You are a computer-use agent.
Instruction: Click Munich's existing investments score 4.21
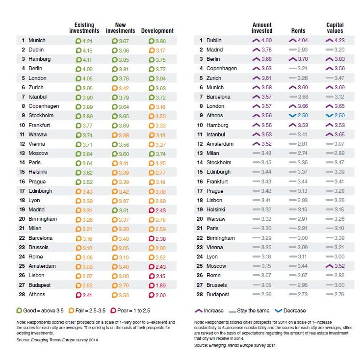coord(87,41)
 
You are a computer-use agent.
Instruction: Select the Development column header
coord(157,31)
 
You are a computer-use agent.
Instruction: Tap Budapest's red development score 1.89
coord(160,285)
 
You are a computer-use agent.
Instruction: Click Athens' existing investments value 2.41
coord(87,295)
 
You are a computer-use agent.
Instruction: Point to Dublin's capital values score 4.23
coord(339,40)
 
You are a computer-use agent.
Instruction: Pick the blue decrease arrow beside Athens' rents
coord(293,115)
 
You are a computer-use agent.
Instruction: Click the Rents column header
coord(298,31)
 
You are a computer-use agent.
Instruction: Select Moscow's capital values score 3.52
coord(339,266)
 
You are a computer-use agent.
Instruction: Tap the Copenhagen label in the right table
coord(222,69)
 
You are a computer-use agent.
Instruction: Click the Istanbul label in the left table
coord(37,97)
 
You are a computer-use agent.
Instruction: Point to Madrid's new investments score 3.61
coord(124,210)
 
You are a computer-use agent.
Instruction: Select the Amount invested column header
coord(262,28)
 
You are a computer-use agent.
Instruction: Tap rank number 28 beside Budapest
coord(200,294)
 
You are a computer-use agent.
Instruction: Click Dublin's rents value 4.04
coord(303,40)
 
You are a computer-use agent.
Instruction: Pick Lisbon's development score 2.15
coord(160,276)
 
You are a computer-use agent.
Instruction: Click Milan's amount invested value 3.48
coord(266,153)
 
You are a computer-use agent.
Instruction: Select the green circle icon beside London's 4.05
coord(78,78)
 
